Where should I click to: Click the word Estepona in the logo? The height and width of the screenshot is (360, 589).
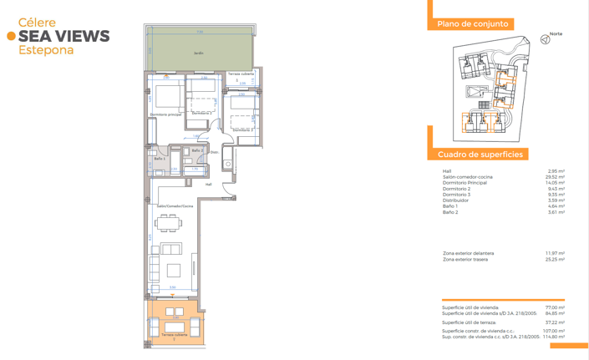46,50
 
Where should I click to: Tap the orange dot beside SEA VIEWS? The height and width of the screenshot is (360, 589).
11,36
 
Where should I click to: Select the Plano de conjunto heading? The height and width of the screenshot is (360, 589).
473,24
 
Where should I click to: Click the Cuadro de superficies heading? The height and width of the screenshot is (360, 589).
480,155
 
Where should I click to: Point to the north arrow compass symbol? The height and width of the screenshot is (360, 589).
546,39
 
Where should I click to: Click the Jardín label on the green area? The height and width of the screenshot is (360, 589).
199,53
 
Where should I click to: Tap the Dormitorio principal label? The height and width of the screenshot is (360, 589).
165,114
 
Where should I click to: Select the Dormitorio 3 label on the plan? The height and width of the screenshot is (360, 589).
242,130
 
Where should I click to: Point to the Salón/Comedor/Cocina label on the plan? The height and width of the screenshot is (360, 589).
175,205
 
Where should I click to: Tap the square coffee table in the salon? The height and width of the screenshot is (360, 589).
173,270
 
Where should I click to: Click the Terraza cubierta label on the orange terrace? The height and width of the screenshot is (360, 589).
174,335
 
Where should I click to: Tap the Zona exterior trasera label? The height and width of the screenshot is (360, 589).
465,260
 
